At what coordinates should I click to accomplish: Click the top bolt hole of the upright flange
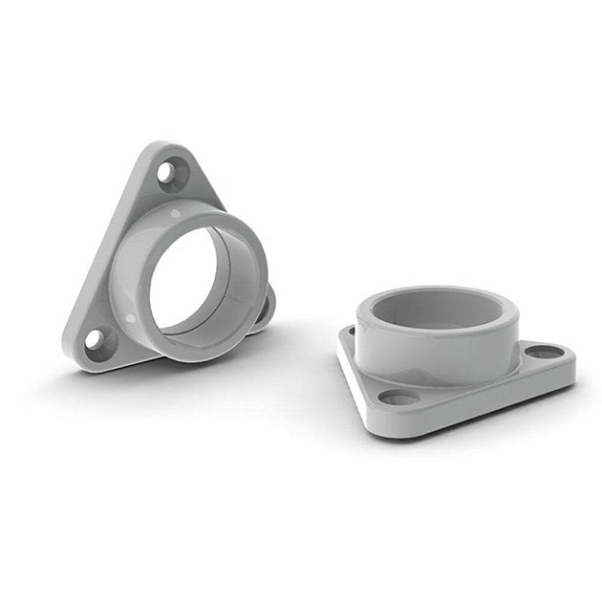167,172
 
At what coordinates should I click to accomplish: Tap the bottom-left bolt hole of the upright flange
97,338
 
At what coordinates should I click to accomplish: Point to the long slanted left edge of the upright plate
105,248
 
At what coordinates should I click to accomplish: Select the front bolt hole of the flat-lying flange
398,397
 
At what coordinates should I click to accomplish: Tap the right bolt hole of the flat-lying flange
544,352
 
